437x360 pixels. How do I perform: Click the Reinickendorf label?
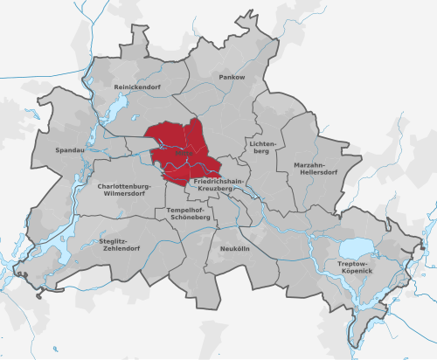[x=140, y=88]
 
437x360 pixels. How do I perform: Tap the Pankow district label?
[x=232, y=78]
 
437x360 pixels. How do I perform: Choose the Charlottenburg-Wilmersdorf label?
[x=128, y=190]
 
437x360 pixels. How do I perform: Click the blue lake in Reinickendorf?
[x=114, y=109]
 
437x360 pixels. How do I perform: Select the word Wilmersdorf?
[x=128, y=195]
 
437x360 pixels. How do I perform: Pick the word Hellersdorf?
[x=317, y=172]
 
